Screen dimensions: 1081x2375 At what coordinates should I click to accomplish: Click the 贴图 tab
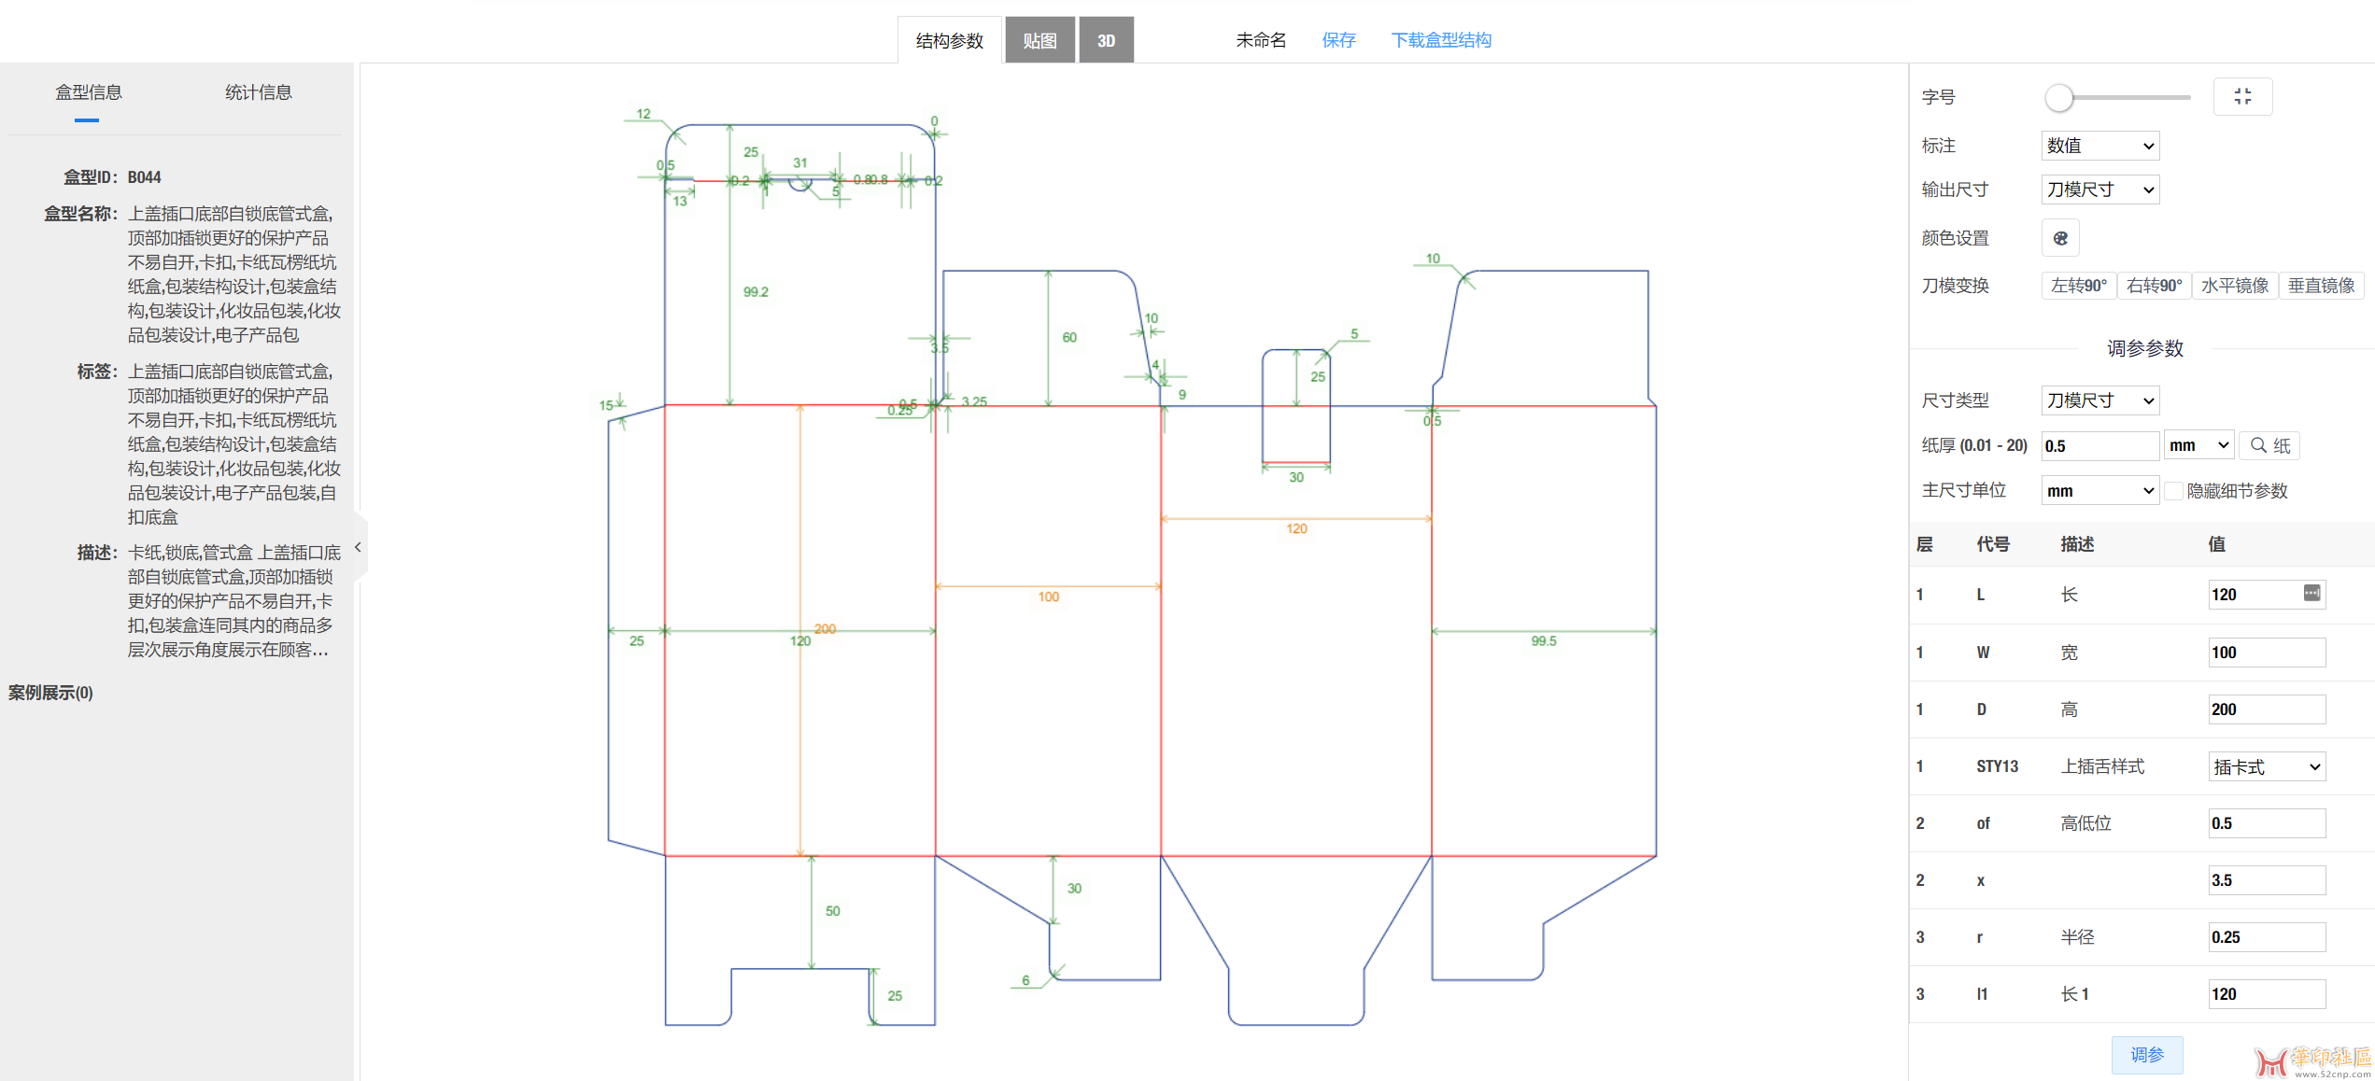[1039, 40]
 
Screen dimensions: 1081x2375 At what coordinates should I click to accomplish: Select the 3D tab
[1106, 40]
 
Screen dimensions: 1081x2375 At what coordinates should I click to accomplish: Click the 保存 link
[1338, 40]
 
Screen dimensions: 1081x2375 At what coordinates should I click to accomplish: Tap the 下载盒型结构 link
[1441, 40]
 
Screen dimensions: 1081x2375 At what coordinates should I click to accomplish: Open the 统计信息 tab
[259, 92]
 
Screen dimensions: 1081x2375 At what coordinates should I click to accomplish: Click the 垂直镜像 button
[2321, 286]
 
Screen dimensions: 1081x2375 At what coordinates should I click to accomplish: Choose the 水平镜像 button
[2234, 286]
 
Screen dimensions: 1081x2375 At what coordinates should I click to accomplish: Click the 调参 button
[2146, 1055]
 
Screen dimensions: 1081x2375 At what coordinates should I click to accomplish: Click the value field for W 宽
[2266, 653]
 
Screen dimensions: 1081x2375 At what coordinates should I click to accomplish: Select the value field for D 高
[2266, 709]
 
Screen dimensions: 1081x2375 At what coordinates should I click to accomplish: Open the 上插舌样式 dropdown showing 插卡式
[2266, 767]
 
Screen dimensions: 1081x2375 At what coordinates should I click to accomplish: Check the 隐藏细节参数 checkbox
[2174, 491]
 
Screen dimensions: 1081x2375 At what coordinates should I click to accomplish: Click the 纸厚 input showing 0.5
[2099, 446]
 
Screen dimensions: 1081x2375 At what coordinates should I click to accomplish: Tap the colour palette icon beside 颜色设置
[2060, 238]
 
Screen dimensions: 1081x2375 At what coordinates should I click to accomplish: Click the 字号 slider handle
[2058, 97]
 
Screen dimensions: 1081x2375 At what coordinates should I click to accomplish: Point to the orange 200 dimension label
[825, 628]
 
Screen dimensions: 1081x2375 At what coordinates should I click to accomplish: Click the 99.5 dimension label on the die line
[1544, 641]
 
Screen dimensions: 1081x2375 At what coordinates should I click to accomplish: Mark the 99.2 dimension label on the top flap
[756, 292]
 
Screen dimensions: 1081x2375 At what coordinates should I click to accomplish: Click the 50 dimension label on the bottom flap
[832, 911]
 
